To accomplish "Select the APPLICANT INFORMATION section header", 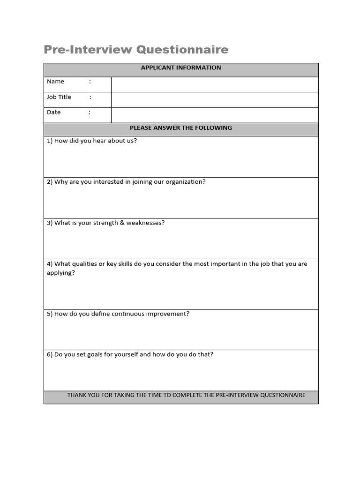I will (x=181, y=67).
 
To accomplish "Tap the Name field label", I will (x=55, y=82).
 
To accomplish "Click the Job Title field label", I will (x=59, y=97).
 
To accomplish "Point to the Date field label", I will (x=54, y=112).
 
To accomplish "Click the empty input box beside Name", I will (x=215, y=84).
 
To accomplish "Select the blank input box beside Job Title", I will (x=215, y=100).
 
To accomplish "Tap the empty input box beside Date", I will (x=215, y=115).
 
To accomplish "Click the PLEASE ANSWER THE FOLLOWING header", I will (x=181, y=128).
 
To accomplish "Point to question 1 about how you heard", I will (x=92, y=141).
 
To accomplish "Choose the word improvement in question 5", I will (x=167, y=314).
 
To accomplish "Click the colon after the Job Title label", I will (x=90, y=97).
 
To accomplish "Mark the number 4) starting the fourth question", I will (x=50, y=264).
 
